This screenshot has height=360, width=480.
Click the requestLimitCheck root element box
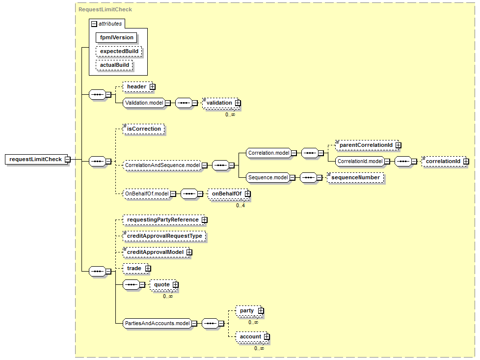(36, 159)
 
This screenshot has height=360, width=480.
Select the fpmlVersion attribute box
(116, 38)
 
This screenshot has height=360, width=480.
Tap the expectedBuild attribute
(119, 52)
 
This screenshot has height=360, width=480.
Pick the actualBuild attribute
(114, 65)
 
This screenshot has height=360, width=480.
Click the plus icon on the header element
(153, 87)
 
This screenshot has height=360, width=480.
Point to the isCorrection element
(144, 129)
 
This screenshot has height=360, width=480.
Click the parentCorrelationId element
(367, 145)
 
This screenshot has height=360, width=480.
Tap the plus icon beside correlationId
(466, 162)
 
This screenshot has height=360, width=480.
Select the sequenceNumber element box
(355, 178)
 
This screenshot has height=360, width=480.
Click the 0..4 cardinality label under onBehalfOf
(240, 206)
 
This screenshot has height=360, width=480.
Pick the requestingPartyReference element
(164, 220)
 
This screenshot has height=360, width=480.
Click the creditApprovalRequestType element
(164, 236)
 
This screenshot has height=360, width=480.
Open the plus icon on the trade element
(148, 269)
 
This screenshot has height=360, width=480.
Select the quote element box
(163, 285)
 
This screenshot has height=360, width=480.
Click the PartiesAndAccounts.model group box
(158, 324)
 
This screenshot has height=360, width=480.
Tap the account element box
(252, 337)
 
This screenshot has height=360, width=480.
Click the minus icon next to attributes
(94, 24)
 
